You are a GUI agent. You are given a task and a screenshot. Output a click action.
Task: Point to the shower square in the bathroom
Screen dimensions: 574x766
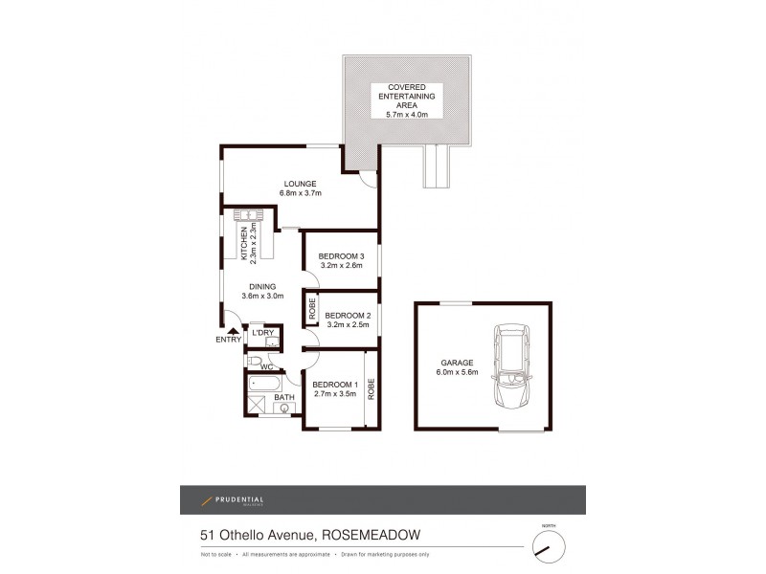pyautogui.click(x=255, y=407)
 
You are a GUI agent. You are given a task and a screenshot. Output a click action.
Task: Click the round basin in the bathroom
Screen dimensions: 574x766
pyautogui.click(x=284, y=408)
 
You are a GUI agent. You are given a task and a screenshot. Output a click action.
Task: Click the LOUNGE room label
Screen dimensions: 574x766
pyautogui.click(x=299, y=184)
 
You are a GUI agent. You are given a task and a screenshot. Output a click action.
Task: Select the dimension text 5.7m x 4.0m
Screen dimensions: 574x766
pyautogui.click(x=407, y=114)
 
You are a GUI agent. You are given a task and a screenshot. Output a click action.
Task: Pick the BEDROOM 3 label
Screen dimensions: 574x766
pyautogui.click(x=342, y=254)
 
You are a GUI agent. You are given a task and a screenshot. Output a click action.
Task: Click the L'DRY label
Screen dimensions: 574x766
pyautogui.click(x=263, y=332)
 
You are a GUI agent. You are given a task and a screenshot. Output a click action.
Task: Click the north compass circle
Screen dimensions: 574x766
pyautogui.click(x=548, y=546)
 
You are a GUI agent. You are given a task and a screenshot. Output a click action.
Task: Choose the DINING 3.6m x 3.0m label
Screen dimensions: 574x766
pyautogui.click(x=261, y=291)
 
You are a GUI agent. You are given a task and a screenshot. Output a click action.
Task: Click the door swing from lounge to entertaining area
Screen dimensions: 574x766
pyautogui.click(x=366, y=178)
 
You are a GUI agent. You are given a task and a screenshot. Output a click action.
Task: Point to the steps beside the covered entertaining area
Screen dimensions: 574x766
pyautogui.click(x=437, y=166)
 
